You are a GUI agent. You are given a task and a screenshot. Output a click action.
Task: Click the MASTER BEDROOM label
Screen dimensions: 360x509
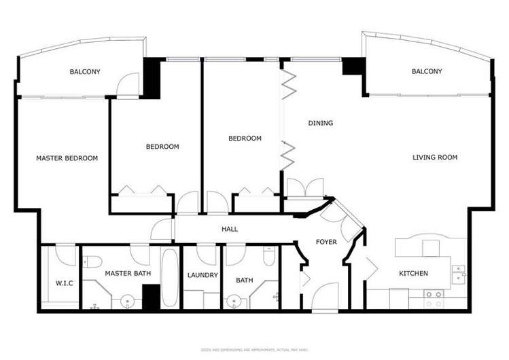tap(67, 158)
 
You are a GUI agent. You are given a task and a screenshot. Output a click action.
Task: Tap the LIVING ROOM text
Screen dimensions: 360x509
tap(435, 158)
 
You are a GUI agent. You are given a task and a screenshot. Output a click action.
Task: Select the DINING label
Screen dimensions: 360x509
tap(321, 123)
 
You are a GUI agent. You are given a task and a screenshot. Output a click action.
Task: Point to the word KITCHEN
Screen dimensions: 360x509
tap(413, 274)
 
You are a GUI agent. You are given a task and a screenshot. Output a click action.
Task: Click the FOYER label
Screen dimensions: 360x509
tap(326, 242)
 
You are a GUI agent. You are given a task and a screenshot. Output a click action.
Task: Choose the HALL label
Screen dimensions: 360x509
tap(230, 230)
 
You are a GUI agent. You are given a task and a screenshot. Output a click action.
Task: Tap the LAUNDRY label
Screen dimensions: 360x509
tap(203, 275)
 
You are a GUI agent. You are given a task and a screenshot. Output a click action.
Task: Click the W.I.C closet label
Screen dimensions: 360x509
tap(64, 283)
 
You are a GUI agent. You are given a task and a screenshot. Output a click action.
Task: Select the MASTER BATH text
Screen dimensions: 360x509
tap(128, 274)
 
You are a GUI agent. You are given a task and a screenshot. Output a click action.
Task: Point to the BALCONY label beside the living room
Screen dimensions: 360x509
tap(427, 71)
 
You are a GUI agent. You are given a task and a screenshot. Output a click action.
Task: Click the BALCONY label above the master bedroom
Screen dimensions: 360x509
tap(85, 71)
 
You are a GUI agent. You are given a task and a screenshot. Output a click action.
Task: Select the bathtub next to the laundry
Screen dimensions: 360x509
tap(170, 278)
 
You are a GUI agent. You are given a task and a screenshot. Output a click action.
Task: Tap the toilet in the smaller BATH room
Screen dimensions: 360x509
tap(269, 257)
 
